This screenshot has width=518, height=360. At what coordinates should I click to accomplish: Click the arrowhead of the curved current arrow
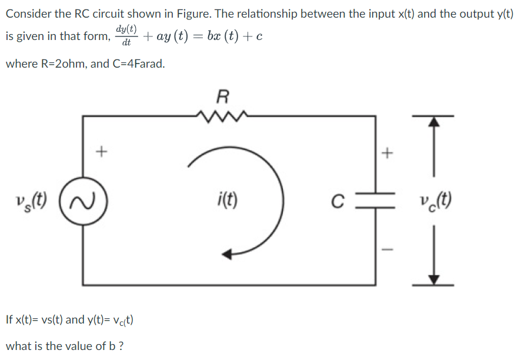[228, 254]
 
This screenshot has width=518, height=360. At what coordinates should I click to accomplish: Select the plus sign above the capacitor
[387, 154]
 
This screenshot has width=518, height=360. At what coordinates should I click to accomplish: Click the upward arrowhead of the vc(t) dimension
[433, 122]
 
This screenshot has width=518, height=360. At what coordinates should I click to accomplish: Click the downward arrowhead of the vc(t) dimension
[433, 279]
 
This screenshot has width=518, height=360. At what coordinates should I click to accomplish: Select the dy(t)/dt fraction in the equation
[126, 36]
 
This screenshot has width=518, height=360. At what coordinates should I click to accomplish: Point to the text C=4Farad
[138, 64]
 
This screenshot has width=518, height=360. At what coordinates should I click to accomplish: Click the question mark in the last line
[121, 346]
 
